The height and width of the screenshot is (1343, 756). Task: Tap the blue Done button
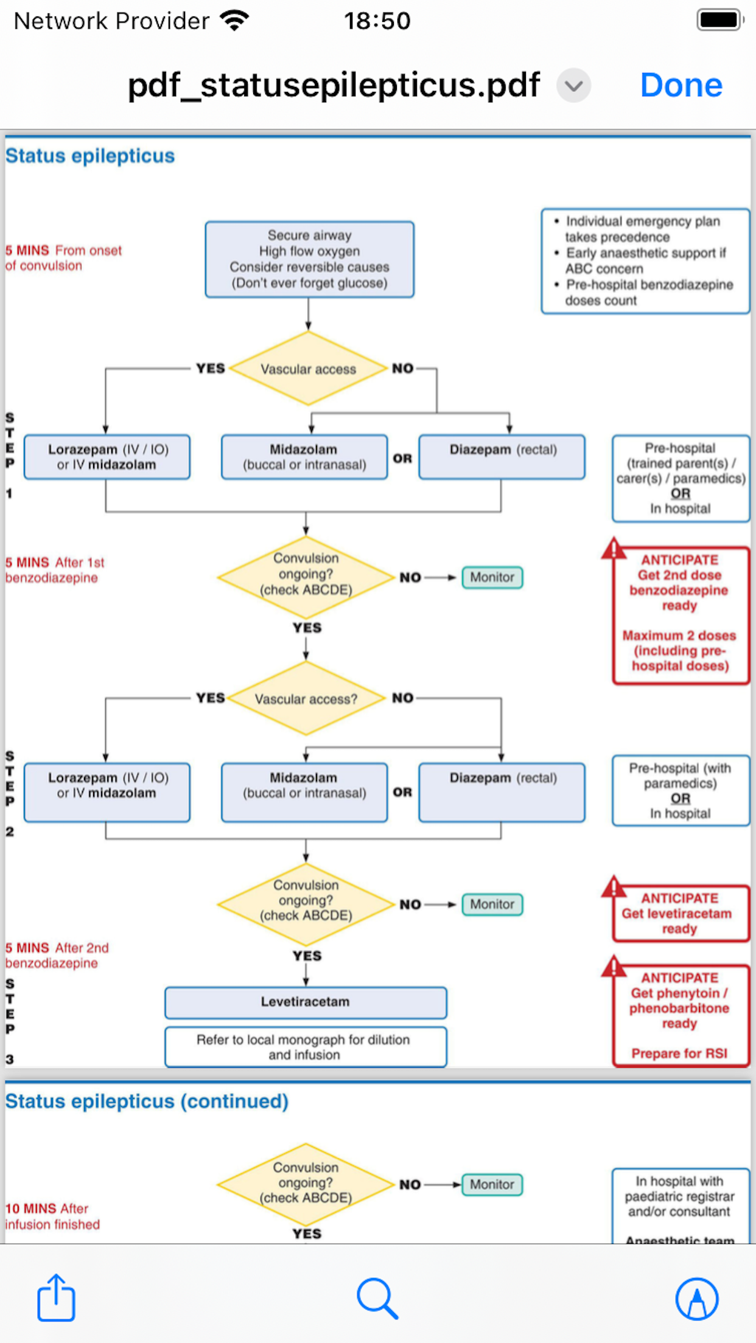[x=681, y=85]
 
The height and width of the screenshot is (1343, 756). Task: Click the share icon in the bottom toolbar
[x=56, y=1297]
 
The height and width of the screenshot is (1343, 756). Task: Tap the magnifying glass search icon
[x=377, y=1299]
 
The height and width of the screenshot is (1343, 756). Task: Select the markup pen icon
[x=697, y=1299]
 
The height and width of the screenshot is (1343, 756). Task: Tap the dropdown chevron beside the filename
[x=573, y=85]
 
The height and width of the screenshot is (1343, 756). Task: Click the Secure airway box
[x=309, y=259]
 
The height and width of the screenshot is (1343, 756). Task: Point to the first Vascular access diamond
[x=308, y=369]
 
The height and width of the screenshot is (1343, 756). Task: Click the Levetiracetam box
[x=306, y=1002]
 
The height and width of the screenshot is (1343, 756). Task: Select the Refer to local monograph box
[x=306, y=1047]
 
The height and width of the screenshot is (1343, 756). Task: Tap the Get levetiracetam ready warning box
[x=680, y=913]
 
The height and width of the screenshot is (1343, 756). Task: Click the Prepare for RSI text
[x=679, y=1053]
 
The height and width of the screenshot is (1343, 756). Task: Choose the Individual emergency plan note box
[x=645, y=261]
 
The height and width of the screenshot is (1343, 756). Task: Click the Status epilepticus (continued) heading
[x=147, y=1101]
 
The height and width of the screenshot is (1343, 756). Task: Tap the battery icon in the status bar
[x=721, y=20]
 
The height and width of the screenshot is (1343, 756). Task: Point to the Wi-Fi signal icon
[x=235, y=20]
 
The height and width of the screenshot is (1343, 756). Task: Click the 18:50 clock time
[x=377, y=21]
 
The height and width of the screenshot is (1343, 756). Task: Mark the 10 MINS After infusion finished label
[x=52, y=1216]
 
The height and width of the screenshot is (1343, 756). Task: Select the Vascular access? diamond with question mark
[x=306, y=699]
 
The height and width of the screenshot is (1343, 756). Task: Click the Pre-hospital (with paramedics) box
[x=681, y=791]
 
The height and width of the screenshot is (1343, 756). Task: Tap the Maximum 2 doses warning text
[x=679, y=650]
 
